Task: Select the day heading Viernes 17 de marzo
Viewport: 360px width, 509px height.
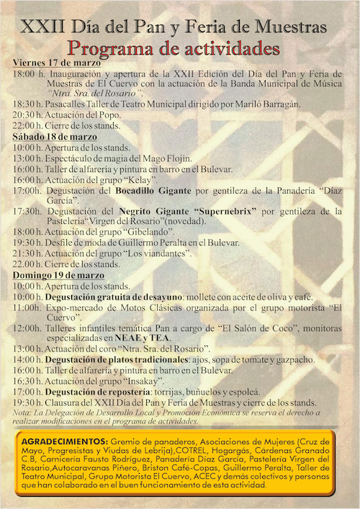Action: coord(53,63)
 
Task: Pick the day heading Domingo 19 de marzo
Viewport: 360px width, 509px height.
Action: coord(55,275)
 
